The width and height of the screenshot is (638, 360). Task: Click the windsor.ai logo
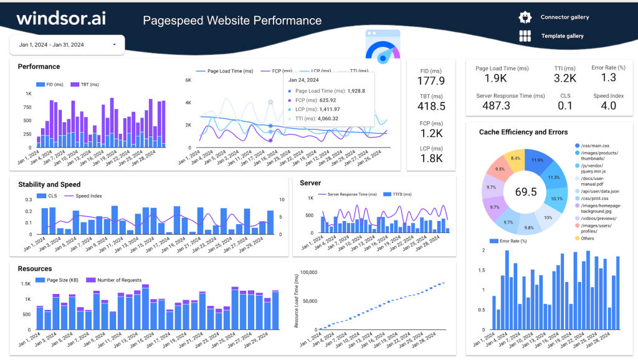(61, 18)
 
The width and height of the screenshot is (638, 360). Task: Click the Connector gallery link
(564, 17)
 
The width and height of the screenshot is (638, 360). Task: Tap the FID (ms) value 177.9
(431, 81)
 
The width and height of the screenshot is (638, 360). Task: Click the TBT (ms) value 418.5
(431, 107)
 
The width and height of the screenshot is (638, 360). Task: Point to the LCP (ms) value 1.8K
(431, 158)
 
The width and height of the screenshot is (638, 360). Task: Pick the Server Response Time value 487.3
(497, 106)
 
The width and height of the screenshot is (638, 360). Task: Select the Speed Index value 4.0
(604, 106)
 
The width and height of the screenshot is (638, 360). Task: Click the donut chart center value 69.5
(526, 192)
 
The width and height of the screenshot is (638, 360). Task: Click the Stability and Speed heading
(49, 184)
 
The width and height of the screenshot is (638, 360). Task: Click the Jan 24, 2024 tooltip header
(303, 80)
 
